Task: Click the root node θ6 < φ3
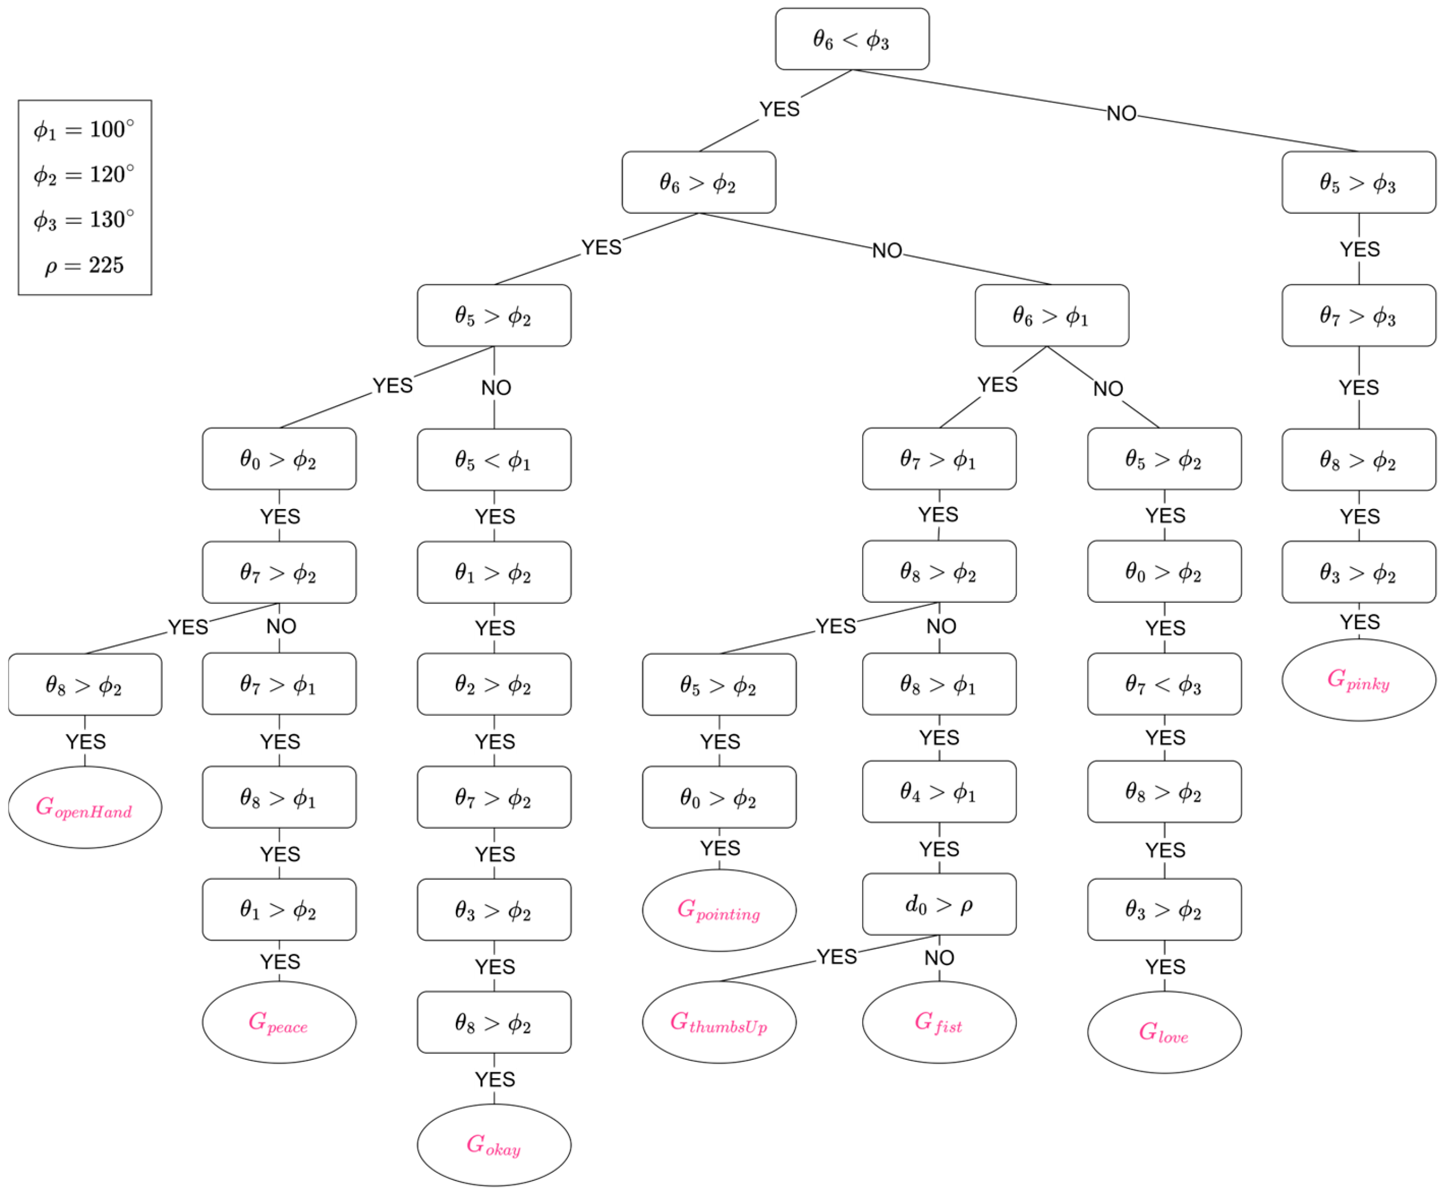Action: (x=852, y=39)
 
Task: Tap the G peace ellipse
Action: (x=279, y=1022)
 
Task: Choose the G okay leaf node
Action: (x=494, y=1145)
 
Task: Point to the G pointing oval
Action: (x=719, y=910)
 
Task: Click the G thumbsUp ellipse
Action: (x=719, y=1022)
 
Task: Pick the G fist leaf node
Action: (x=939, y=1022)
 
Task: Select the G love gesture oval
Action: (x=1164, y=1032)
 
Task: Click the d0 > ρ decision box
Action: (x=939, y=904)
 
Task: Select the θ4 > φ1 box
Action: (x=939, y=791)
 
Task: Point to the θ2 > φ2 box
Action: (x=494, y=684)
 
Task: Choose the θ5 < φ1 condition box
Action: (x=494, y=460)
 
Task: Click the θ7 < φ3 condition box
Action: (x=1164, y=684)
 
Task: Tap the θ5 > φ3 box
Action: (x=1359, y=183)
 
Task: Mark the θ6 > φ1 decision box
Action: (x=1051, y=315)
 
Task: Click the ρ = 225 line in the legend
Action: (x=84, y=265)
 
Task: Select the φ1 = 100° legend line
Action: (x=84, y=129)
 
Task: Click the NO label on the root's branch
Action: (x=1121, y=114)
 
